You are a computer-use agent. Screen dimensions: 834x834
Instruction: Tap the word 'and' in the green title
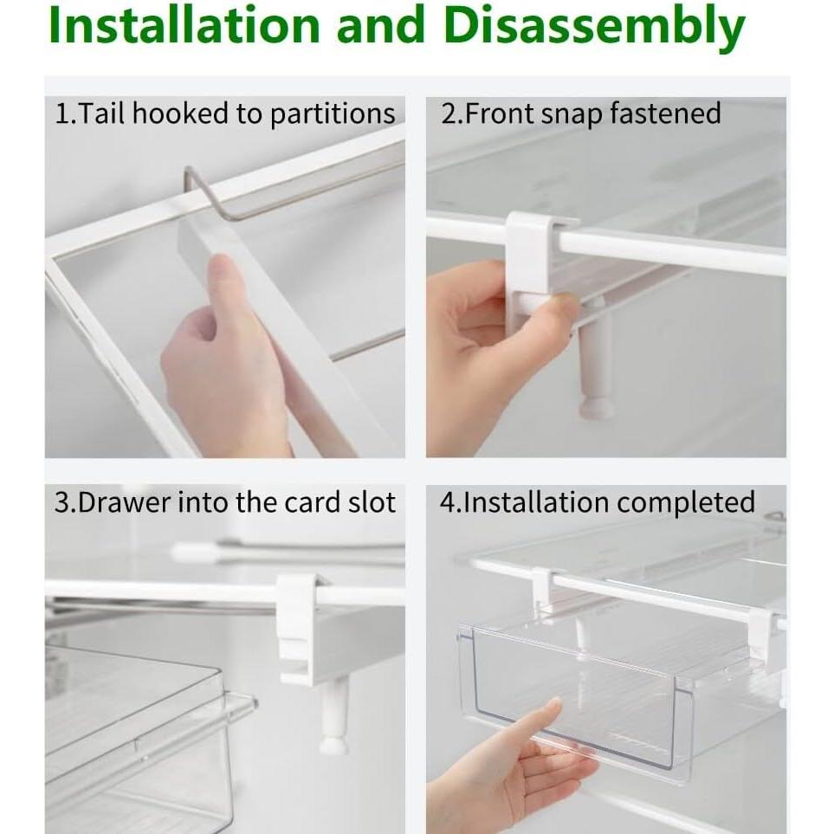tap(378, 28)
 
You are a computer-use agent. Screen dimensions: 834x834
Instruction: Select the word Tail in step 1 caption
tap(101, 114)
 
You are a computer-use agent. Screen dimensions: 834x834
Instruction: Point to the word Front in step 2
tap(497, 114)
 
